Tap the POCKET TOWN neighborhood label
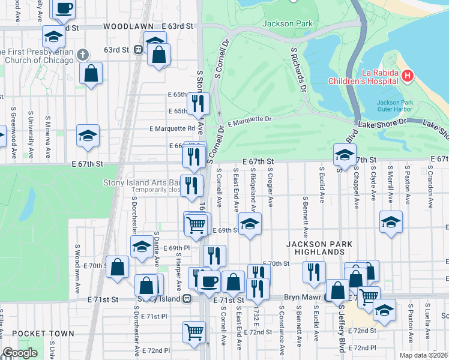coord(43,334)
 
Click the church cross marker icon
coord(86,53)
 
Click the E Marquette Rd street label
coord(172,128)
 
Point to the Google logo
coord(20,353)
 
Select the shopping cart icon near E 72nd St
coord(194,331)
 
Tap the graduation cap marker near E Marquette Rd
coord(88,135)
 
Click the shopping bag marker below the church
coord(91,73)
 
